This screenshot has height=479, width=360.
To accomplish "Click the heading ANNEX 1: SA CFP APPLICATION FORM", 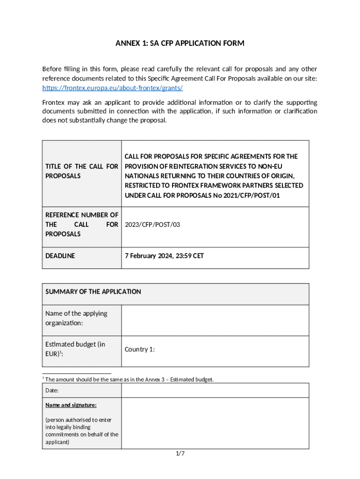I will coord(180,44).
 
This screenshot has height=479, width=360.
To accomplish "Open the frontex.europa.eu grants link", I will coord(112,87).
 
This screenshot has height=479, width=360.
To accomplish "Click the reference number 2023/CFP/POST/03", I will coord(152,225).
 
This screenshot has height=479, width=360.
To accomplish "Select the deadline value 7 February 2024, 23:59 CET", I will coord(164,256).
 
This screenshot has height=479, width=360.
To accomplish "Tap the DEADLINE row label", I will coord(60,256).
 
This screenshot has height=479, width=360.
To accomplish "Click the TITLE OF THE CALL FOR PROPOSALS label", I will coord(81,171).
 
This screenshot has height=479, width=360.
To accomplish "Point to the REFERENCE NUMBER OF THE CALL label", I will coord(81,225).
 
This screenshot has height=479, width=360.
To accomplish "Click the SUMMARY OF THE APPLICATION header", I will coord(93,291).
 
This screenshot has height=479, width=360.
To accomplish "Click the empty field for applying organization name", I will coord(215,320).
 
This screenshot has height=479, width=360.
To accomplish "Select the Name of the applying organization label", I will coord(76,318).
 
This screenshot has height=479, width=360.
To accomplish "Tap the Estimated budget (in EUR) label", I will coord(75,349).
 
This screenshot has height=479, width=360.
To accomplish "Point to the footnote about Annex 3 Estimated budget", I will coord(129,379).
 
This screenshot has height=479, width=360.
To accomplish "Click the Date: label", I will coord(52,391).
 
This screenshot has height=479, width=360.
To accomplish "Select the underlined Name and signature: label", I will coord(71,405).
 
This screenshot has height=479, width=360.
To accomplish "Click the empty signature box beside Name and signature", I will coord(215,423).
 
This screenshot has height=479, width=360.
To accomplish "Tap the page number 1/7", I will coord(180,454).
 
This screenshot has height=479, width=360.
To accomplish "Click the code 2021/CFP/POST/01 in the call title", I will coord(253,195).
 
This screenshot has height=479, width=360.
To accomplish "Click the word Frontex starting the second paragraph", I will coord(53,102).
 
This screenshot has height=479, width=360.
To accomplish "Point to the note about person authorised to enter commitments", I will coord(81,431).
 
